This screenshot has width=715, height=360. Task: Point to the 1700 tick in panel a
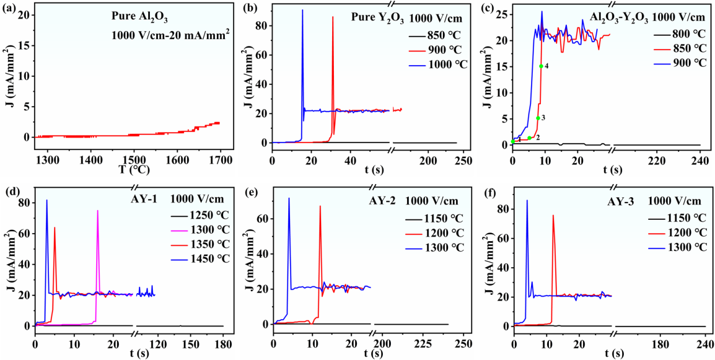pyautogui.click(x=220, y=159)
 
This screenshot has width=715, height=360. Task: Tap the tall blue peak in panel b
pyautogui.click(x=302, y=10)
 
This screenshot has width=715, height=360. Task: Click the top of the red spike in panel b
pyautogui.click(x=333, y=17)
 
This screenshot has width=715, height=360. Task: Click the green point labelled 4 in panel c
pyautogui.click(x=541, y=66)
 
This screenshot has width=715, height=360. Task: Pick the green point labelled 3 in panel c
pyautogui.click(x=537, y=118)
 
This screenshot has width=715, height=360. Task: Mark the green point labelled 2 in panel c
pyautogui.click(x=529, y=137)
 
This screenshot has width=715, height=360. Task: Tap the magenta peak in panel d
pyautogui.click(x=97, y=211)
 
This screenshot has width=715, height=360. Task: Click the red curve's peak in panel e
pyautogui.click(x=320, y=207)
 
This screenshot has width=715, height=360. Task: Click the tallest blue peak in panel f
pyautogui.click(x=526, y=201)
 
